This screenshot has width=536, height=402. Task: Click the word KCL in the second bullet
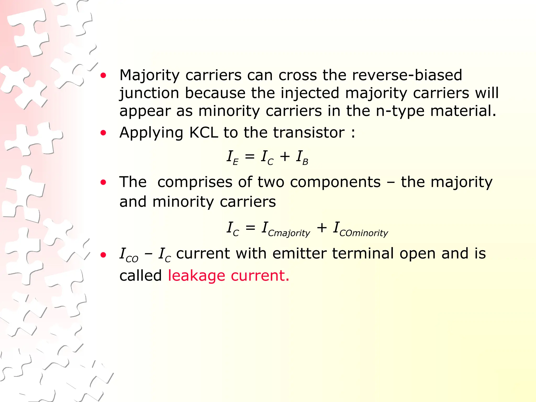click(x=203, y=132)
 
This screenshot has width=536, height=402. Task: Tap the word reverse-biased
click(x=407, y=75)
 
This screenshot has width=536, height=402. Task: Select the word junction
click(x=149, y=94)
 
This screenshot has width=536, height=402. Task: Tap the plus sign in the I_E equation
click(x=285, y=157)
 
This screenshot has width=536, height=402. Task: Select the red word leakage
click(x=196, y=276)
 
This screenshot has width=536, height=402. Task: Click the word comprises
click(x=195, y=182)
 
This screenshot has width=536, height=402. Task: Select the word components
click(x=335, y=182)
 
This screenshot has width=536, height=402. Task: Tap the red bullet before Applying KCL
click(x=103, y=133)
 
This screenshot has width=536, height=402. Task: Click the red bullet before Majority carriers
click(x=103, y=76)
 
